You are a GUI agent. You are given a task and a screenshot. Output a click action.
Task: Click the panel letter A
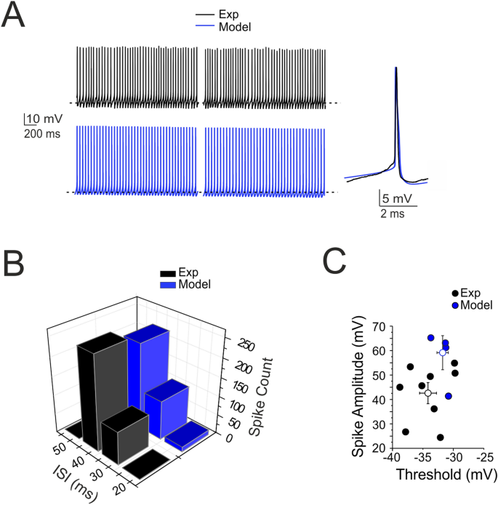pyautogui.click(x=17, y=16)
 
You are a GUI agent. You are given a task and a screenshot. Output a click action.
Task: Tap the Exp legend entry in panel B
pyautogui.click(x=188, y=272)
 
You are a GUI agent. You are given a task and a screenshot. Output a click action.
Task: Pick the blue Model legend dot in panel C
pyautogui.click(x=455, y=305)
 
